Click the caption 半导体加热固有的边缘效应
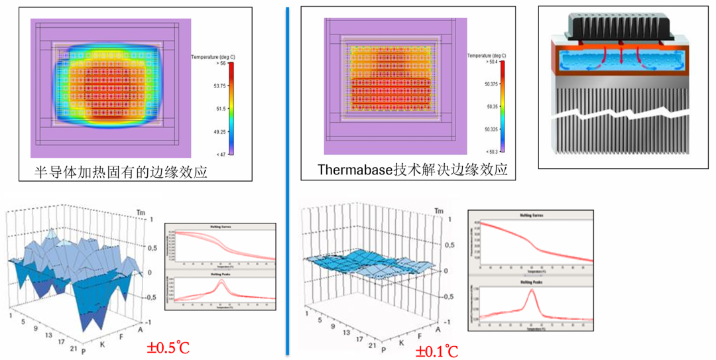pos(121,172)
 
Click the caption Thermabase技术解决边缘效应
pos(412,170)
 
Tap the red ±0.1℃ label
pos(436,351)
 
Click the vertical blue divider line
pos(288,179)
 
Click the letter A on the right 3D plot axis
pos(438,330)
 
